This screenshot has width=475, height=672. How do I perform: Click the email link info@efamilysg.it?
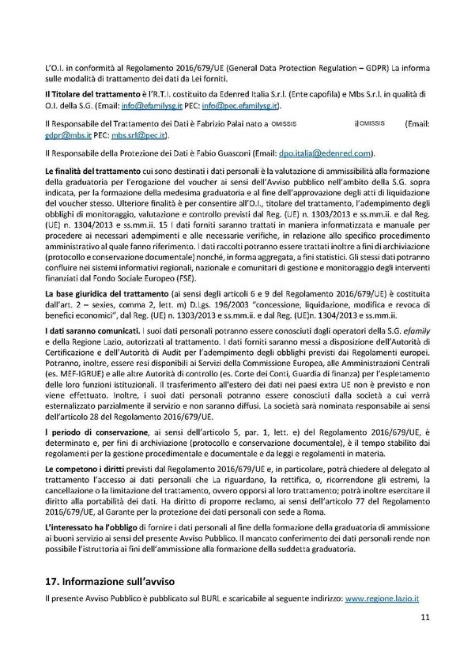(164, 104)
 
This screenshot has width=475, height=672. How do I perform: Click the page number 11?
(424, 639)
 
